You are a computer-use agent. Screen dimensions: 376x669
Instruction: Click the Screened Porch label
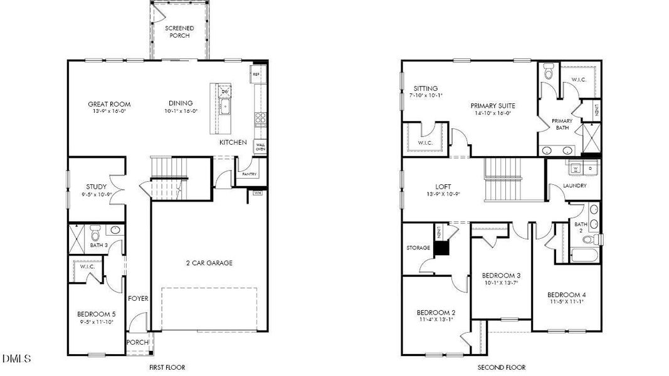(x=179, y=32)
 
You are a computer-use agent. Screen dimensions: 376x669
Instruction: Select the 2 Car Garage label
(x=209, y=263)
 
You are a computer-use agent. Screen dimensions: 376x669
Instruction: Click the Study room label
(x=96, y=187)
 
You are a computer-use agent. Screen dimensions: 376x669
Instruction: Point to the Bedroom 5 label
(x=96, y=314)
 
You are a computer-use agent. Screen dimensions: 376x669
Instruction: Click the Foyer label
(x=138, y=298)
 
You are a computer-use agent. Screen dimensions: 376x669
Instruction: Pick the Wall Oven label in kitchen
(x=260, y=147)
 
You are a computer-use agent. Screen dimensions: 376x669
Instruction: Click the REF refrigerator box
(x=256, y=75)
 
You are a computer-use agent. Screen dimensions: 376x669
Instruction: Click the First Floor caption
(x=167, y=367)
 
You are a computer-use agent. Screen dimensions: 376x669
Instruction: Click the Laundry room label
(x=574, y=186)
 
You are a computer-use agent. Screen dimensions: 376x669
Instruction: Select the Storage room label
(x=418, y=248)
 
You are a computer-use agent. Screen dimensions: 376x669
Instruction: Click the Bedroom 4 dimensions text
(x=566, y=303)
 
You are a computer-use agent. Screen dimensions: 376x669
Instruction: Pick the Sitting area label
(x=426, y=89)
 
